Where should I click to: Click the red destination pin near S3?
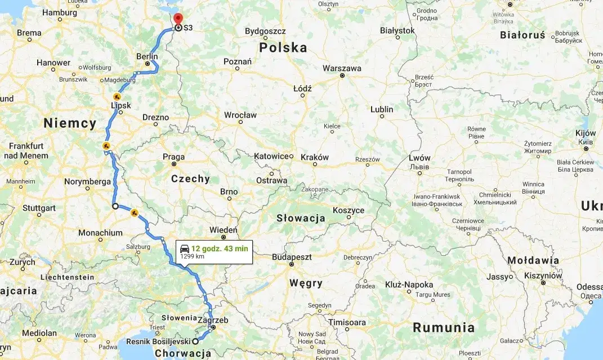[178, 18]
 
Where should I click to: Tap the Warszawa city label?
[342, 68]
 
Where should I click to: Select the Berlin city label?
[147, 56]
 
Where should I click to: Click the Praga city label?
[173, 157]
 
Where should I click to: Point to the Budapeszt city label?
[292, 256]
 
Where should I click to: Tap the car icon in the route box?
[184, 248]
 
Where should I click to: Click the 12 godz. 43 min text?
[220, 248]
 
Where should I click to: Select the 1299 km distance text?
[192, 256]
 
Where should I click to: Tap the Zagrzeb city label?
[213, 320]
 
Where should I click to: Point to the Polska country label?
[283, 48]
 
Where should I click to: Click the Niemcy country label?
[70, 123]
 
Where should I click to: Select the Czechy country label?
[190, 179]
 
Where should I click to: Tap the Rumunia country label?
[443, 327]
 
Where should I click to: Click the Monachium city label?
[100, 233]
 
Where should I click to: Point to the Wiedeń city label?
[224, 230]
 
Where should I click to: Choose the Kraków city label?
[314, 157]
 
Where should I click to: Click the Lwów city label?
[419, 158]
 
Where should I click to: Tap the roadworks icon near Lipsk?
[117, 97]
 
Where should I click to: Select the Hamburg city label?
[60, 12]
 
